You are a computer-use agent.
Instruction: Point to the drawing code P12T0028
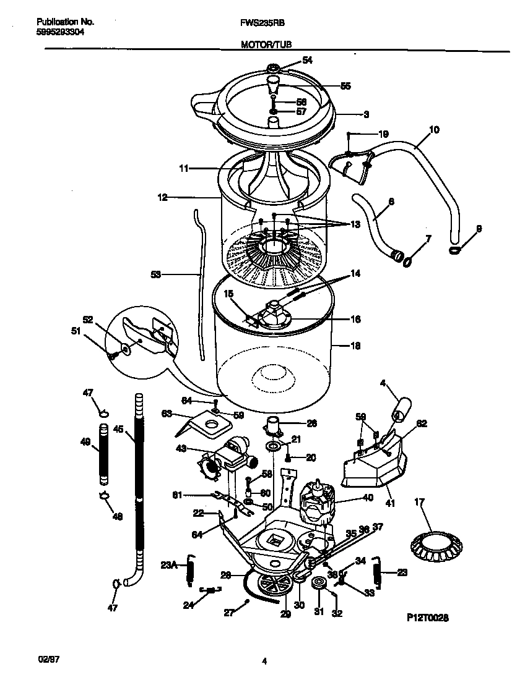pyautogui.click(x=427, y=617)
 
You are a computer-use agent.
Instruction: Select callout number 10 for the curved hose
pyautogui.click(x=433, y=129)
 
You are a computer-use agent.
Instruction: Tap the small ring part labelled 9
pyautogui.click(x=455, y=250)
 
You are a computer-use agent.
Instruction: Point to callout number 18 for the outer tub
pyautogui.click(x=355, y=346)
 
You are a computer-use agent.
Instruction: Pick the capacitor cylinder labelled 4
pyautogui.click(x=399, y=408)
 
